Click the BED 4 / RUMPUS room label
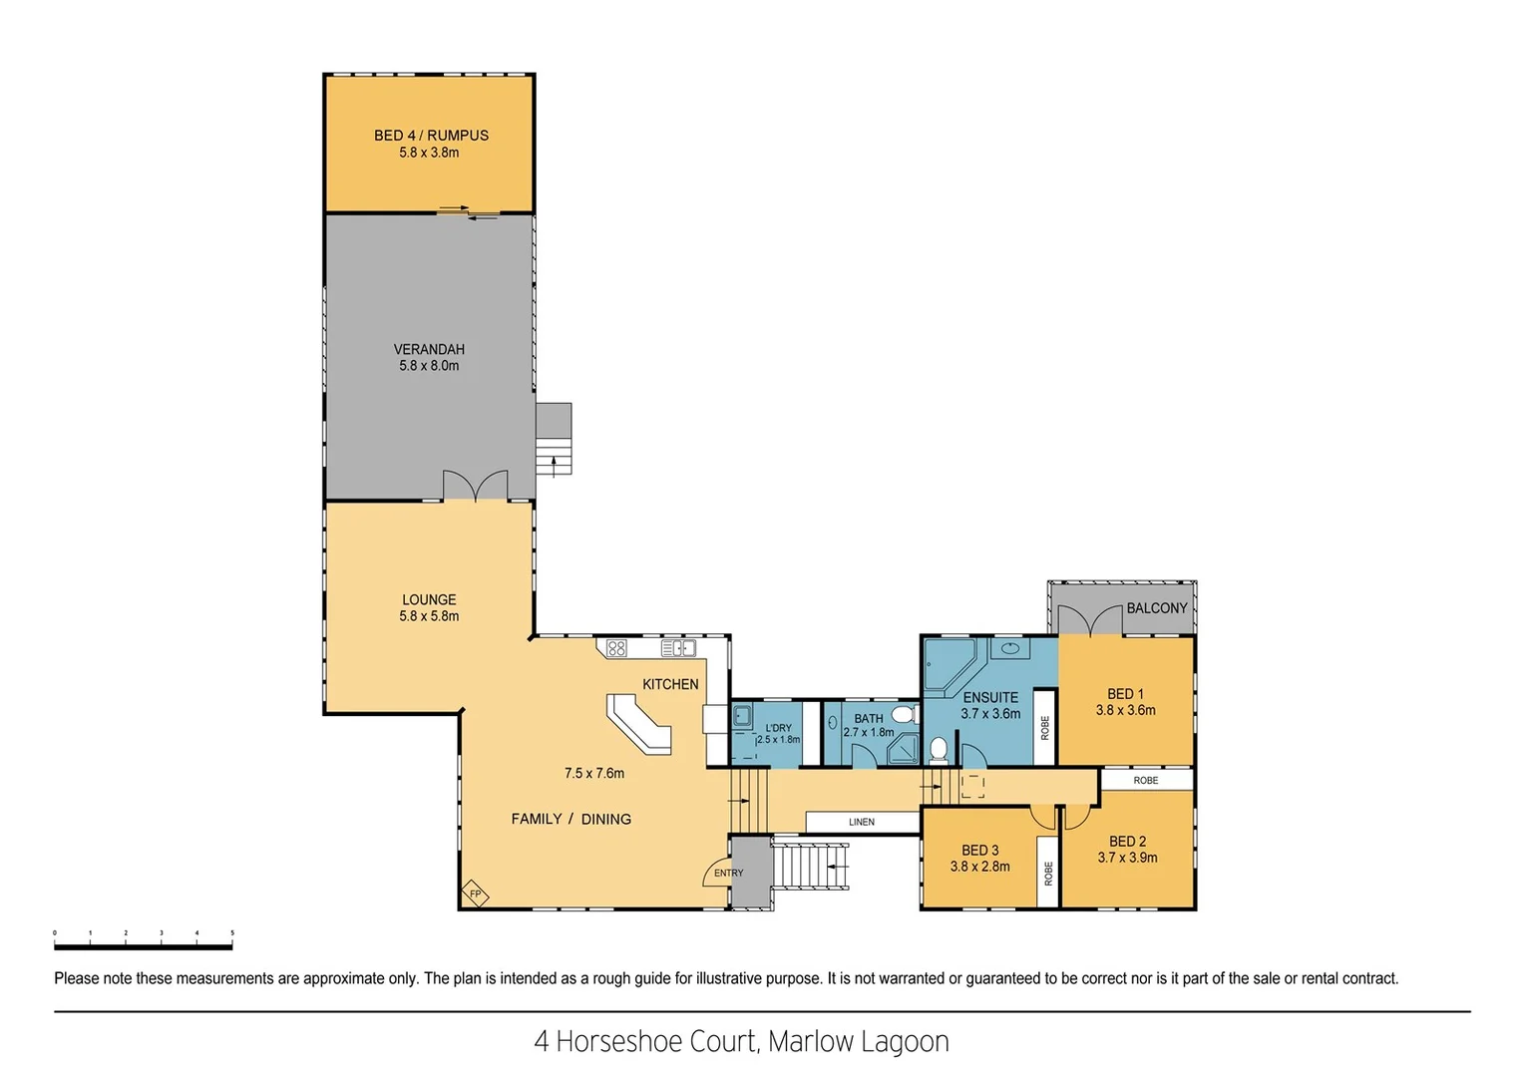(431, 136)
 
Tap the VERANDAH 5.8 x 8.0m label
(429, 357)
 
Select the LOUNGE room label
(429, 599)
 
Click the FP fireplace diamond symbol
(475, 894)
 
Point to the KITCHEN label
(670, 684)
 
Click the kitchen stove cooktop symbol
(616, 648)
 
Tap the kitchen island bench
(638, 722)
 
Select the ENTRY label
(728, 873)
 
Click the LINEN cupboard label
(862, 822)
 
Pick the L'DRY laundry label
(778, 728)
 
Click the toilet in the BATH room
(904, 714)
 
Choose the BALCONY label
(1157, 607)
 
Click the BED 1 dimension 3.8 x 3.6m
(1125, 710)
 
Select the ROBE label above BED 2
(1145, 780)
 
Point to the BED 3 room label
(979, 850)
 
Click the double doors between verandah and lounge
(476, 487)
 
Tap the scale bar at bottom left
(143, 943)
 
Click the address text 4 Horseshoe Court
(648, 1041)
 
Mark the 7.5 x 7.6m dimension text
(593, 773)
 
